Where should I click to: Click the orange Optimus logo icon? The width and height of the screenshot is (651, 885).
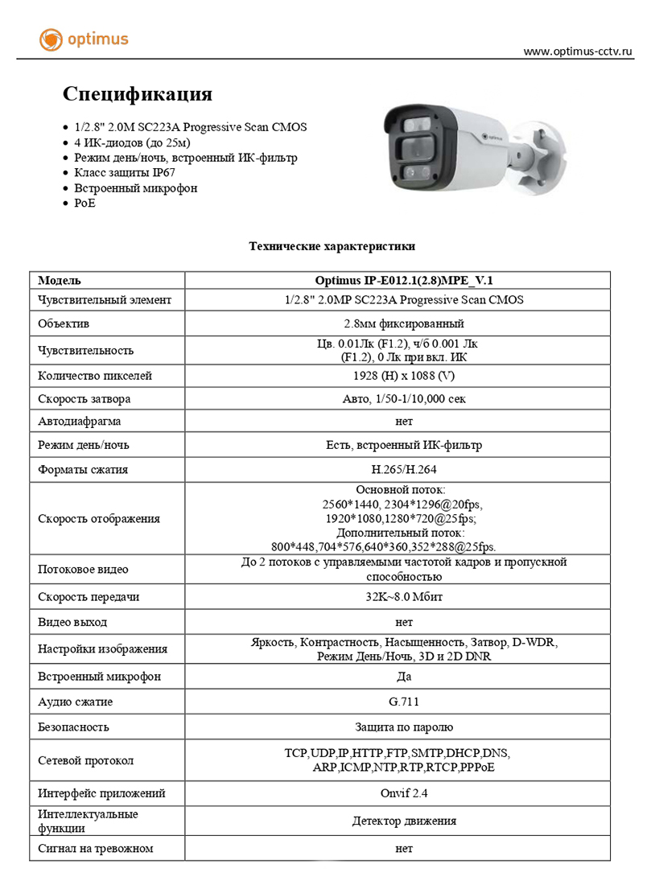click(52, 39)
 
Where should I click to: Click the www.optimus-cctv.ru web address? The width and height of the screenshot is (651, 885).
click(578, 51)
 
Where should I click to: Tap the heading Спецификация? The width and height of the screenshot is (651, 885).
click(138, 94)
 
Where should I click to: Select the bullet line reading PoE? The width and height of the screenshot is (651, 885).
click(84, 204)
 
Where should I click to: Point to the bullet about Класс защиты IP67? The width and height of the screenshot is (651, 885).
click(125, 173)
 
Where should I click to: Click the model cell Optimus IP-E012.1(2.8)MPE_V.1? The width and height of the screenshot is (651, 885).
click(404, 281)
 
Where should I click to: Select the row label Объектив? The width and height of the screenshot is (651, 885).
click(64, 324)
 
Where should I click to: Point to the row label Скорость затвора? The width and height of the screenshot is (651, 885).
click(84, 399)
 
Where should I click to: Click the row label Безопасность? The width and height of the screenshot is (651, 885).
click(73, 727)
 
